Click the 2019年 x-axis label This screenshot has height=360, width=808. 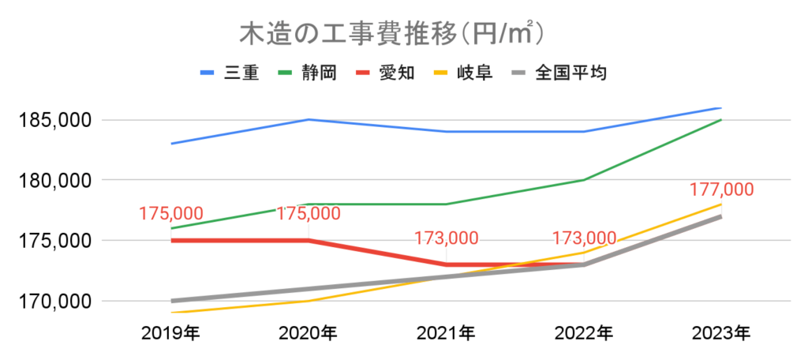click(x=171, y=332)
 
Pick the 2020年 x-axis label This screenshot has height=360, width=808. click(x=309, y=332)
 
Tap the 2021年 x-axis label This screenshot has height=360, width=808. click(x=446, y=332)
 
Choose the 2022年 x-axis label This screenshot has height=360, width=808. click(x=583, y=332)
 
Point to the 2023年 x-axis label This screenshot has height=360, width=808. click(x=720, y=332)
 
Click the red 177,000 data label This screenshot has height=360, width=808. click(x=720, y=190)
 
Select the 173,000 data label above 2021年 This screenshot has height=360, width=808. click(x=447, y=238)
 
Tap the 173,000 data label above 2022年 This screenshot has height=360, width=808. click(x=584, y=238)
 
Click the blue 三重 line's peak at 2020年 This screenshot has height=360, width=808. click(x=309, y=119)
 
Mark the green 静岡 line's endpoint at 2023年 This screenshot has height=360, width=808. click(x=720, y=120)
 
